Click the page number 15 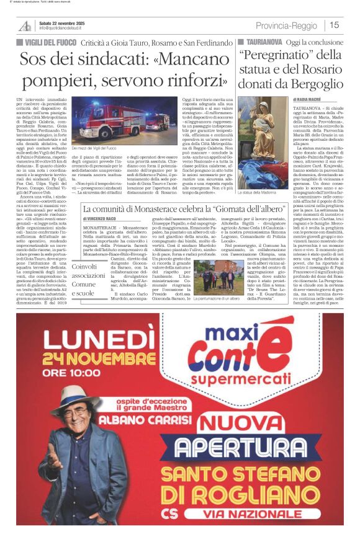pyautogui.click(x=334, y=25)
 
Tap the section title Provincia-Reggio pyautogui.click(x=287, y=25)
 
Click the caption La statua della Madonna pyautogui.click(x=255, y=175)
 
